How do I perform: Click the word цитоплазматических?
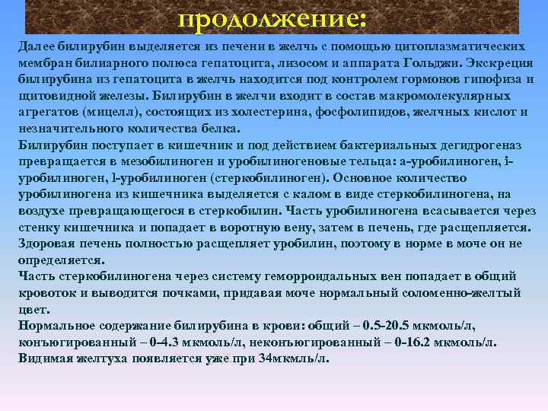point(460,47)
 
